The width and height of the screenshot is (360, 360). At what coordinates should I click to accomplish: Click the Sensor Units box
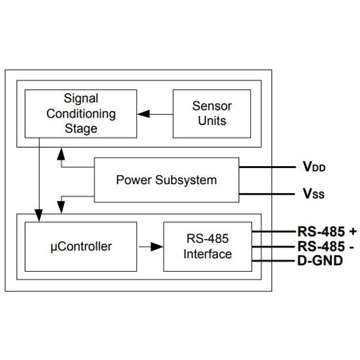pos(212,113)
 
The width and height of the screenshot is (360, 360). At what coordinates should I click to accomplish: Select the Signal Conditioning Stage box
pos(80,113)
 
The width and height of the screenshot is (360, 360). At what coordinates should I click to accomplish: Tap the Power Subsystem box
pos(166,179)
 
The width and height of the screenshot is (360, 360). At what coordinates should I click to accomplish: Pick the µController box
pos(80,246)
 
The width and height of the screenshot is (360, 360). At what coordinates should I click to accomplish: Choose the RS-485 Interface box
pos(208,246)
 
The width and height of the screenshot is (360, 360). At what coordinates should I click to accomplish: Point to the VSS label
pos(313,194)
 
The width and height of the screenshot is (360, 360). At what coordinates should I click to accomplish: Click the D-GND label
pos(320,261)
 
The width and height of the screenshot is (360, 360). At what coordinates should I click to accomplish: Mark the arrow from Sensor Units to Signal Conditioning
pos(155,113)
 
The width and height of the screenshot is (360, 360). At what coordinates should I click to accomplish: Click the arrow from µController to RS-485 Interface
pos(150,246)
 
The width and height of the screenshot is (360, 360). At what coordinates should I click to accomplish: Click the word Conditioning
pos(80,113)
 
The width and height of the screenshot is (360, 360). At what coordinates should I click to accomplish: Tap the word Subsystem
pos(187,179)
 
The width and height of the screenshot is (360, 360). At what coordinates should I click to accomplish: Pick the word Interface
pos(208,254)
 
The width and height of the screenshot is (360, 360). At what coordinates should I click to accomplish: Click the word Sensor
pos(212,106)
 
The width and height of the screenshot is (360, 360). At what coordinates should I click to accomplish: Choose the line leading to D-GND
pos(274,261)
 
